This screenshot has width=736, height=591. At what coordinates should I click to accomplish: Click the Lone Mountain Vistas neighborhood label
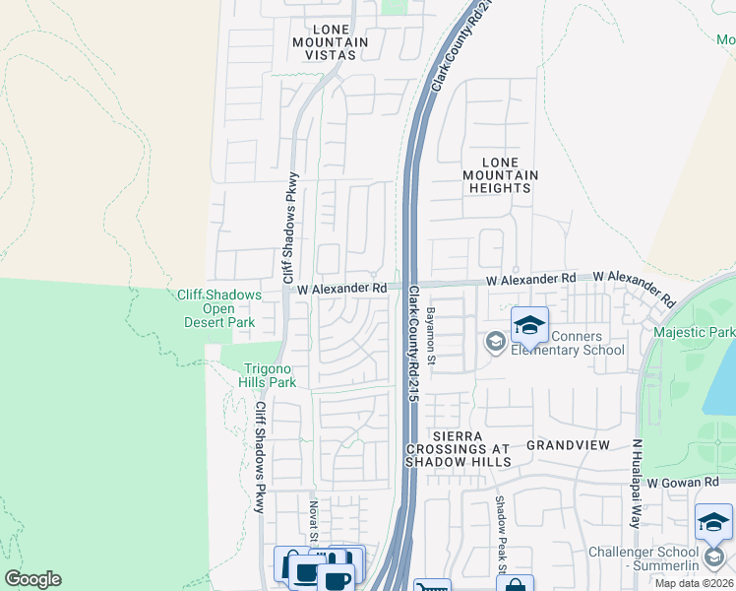pos(330,42)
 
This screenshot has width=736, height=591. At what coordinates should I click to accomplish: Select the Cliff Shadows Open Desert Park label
pos(219,308)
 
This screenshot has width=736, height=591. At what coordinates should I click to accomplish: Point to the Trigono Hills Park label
pos(270,375)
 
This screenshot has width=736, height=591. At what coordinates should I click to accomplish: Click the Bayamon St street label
pos(431,336)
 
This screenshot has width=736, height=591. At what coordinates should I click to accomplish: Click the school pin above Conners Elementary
pos(529,325)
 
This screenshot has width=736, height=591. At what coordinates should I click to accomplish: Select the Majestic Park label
pos(694,333)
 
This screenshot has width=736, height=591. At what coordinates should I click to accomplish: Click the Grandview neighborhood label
pos(571,445)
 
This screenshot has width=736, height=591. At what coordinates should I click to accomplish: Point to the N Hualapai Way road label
pos(637,484)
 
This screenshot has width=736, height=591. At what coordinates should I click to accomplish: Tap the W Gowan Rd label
pos(685,482)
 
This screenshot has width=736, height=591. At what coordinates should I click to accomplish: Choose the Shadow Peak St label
pos(500,538)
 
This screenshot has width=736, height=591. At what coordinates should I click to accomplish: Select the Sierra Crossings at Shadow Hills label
pos(459,448)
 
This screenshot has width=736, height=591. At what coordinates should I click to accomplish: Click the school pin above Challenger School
pos(713,521)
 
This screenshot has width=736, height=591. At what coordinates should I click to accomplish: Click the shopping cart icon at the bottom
pos(431,588)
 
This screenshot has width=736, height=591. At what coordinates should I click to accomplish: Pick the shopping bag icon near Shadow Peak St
pos(514,586)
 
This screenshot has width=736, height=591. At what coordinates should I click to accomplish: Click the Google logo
pos(32,579)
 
